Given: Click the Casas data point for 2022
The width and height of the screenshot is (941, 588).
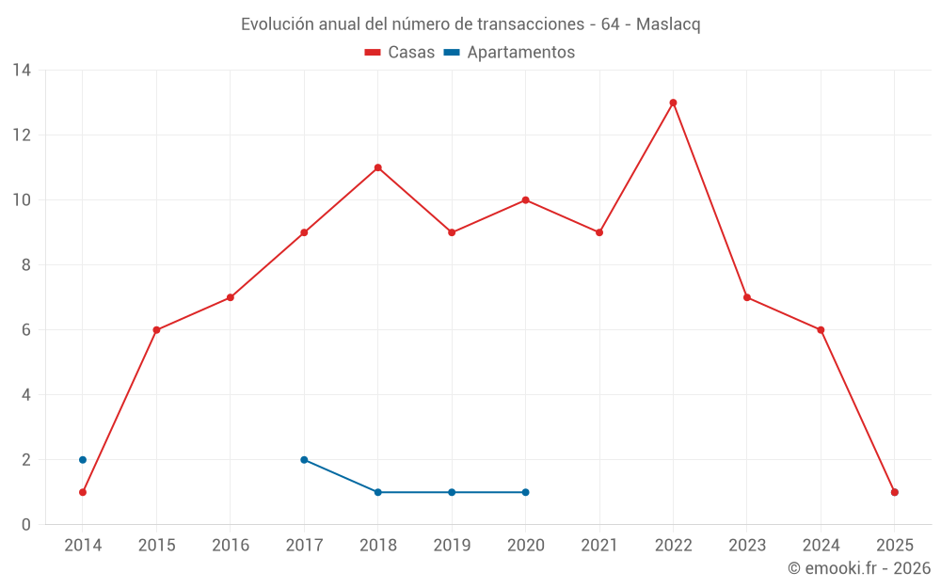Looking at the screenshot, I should (x=673, y=103).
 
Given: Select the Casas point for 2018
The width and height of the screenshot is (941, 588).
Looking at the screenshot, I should (x=377, y=167).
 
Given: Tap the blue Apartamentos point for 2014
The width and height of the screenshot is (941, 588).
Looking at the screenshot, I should (x=83, y=460).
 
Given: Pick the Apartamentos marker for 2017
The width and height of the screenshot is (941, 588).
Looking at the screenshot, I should (x=304, y=460).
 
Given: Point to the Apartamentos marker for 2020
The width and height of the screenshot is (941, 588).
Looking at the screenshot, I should (x=525, y=492).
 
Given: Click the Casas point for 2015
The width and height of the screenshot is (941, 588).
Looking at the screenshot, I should (x=156, y=330).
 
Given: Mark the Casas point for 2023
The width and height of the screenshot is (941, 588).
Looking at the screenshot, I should (x=746, y=297).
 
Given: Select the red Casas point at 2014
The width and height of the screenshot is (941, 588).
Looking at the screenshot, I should (x=83, y=492).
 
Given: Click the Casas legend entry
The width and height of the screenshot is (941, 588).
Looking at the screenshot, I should (x=400, y=53).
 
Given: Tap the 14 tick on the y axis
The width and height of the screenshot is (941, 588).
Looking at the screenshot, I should (x=22, y=71).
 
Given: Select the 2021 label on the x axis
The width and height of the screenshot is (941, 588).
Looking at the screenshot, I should (x=598, y=546).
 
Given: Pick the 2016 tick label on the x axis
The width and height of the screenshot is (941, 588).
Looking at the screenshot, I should (x=231, y=546).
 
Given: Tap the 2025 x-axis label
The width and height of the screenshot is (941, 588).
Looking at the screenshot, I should (x=894, y=546).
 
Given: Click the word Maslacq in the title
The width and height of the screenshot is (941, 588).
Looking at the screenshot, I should (x=668, y=24).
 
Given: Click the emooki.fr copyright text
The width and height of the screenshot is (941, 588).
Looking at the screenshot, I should (x=859, y=568).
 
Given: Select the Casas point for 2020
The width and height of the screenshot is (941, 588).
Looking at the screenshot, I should (x=525, y=200).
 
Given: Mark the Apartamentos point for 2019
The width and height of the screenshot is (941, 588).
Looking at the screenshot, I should (x=452, y=492).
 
